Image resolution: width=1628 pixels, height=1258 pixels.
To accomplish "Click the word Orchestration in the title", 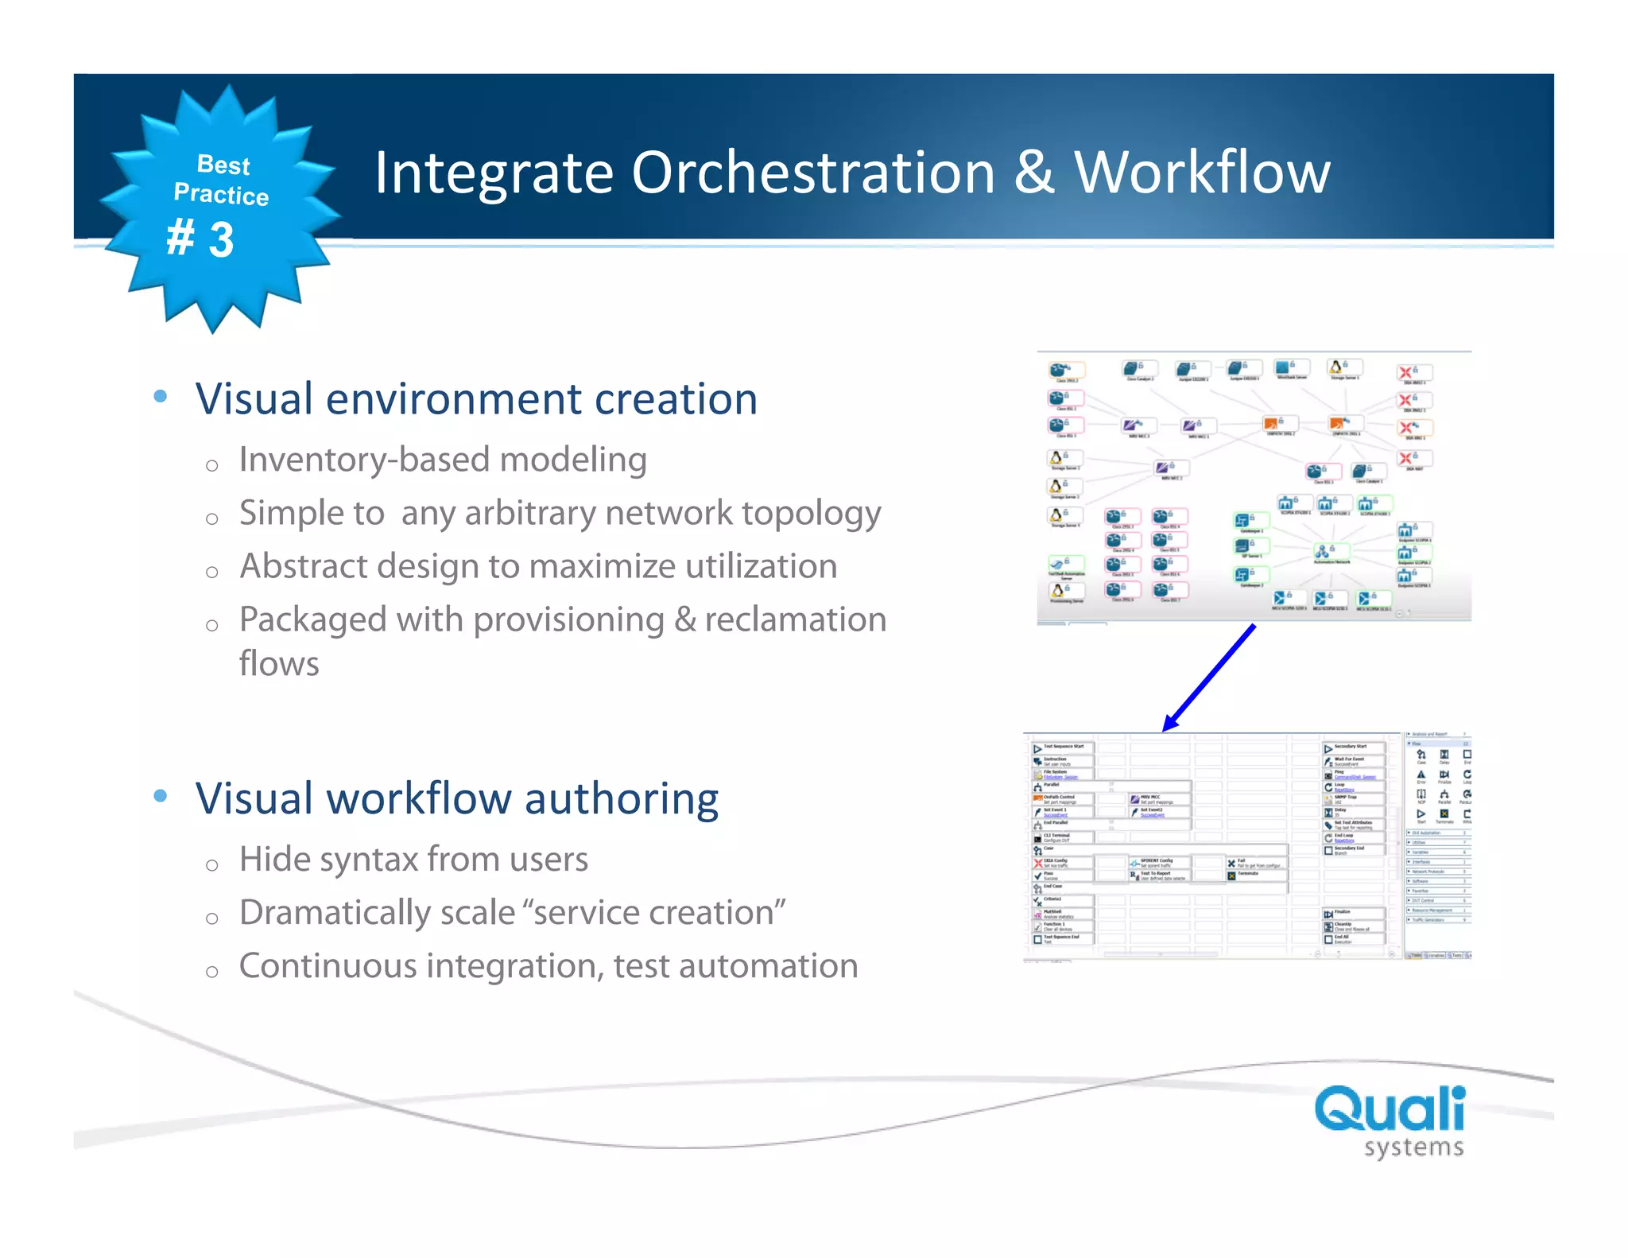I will pos(812,173).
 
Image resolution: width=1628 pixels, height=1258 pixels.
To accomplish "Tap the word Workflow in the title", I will pos(1202,173).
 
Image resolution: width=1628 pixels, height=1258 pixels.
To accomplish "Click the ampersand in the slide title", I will pos(1034,173).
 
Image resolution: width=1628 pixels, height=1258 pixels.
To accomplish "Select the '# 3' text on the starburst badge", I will pos(200,239).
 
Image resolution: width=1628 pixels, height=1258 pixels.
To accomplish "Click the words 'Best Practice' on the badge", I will pos(222,180).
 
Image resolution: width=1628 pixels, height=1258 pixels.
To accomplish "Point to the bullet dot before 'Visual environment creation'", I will pos(161,396).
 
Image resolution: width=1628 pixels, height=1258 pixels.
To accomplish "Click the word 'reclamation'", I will pos(795,619).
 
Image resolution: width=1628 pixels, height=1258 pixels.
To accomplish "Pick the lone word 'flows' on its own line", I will pos(279,664).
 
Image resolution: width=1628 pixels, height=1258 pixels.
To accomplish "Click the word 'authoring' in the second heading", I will pos(621,798).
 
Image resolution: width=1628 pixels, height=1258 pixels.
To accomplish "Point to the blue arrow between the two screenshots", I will pos(1209,678).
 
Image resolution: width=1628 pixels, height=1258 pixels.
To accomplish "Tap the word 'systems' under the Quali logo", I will pos(1413,1147).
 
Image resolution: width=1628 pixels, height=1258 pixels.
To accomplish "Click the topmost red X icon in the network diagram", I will pos(1405,372).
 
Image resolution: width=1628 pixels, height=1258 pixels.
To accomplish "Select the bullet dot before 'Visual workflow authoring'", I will pos(161,796).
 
